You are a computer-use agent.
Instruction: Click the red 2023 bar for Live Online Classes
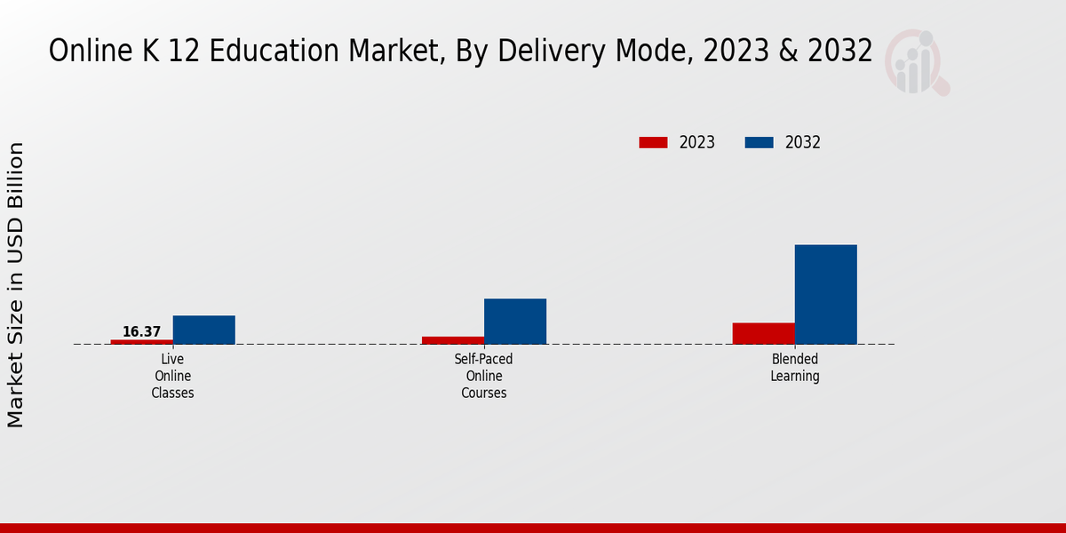coord(142,342)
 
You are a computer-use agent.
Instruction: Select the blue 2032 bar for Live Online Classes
coord(204,330)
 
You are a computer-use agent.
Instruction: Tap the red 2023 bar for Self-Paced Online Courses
coord(453,340)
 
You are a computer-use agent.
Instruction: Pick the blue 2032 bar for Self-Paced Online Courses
coord(515,322)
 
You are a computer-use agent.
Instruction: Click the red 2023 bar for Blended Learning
coord(764,333)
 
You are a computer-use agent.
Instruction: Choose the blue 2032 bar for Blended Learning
coord(826,294)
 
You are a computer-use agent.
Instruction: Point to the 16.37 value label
coord(142,332)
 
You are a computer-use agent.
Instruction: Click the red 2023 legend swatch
coord(653,142)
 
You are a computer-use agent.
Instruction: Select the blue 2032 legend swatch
coord(759,142)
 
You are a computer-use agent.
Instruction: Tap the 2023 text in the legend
coord(697,142)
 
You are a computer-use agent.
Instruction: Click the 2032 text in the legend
coord(803,142)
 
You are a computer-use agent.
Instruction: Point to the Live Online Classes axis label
coord(172,376)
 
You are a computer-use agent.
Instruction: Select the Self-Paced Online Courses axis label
coord(484,376)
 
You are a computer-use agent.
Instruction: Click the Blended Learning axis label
coord(795,368)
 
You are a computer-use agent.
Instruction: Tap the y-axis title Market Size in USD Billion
coord(17,284)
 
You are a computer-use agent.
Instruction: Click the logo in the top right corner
coord(918,62)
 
